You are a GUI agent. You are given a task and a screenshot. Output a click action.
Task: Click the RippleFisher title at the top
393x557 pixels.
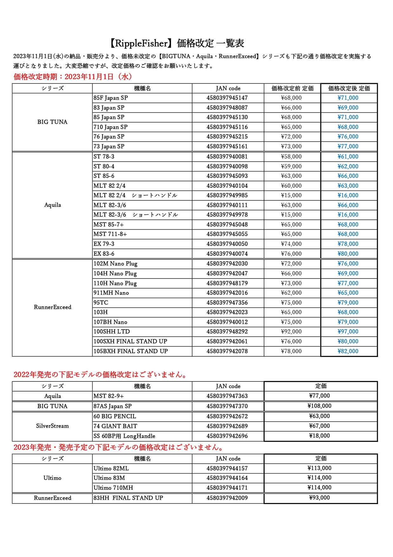[x=177, y=43]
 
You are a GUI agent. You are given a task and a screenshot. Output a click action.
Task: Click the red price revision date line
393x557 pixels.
[x=73, y=77]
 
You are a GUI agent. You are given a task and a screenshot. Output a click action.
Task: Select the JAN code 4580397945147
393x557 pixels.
[x=227, y=98]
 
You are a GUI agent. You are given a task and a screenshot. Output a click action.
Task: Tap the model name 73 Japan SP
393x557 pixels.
[x=109, y=146]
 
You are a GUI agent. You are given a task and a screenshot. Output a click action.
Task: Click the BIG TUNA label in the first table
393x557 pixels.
[x=52, y=122]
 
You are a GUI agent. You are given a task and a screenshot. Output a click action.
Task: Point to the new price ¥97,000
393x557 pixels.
[x=348, y=332]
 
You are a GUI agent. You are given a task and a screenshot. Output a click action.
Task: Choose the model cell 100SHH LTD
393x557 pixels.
[x=112, y=332]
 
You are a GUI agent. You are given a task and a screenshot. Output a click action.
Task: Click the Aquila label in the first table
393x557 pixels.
[x=52, y=205]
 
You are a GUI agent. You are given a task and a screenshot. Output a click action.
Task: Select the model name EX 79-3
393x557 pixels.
[x=104, y=244]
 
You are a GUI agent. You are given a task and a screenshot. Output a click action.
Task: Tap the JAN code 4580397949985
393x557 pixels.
[x=227, y=195]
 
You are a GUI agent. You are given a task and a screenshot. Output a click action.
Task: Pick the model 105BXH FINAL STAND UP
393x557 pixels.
[x=131, y=351]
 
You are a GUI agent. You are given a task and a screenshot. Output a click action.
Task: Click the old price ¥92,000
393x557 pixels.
[x=291, y=332]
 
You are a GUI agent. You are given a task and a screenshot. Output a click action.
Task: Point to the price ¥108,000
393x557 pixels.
[x=319, y=406]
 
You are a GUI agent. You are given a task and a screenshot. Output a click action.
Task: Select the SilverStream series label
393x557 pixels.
[x=52, y=426]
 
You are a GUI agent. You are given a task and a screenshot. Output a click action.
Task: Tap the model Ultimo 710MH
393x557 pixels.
[x=113, y=488]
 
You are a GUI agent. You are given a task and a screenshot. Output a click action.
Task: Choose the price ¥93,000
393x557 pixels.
[x=319, y=498]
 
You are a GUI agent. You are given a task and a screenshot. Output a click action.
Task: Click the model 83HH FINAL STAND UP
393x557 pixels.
[x=128, y=498]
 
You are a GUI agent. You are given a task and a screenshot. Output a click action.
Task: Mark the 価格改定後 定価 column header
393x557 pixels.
[x=349, y=88]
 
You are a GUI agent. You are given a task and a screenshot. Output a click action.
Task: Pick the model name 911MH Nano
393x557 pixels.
[x=111, y=293]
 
